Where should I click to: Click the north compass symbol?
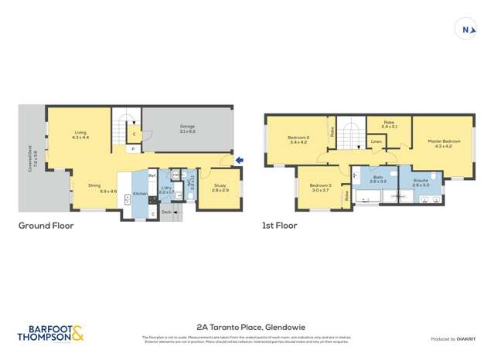coord(467,30)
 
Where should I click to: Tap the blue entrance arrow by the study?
coord(239,161)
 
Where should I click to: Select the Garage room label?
coord(188,130)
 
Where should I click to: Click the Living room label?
coord(80,134)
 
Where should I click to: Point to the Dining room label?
coord(94,188)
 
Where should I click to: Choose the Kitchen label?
coord(140,193)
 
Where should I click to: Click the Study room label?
coord(219,187)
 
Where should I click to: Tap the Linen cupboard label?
coord(376,142)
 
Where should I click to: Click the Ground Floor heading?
coord(46,226)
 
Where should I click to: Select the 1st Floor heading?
coord(279,226)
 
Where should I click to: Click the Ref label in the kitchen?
coord(153,176)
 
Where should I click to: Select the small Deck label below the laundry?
coord(166,211)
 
